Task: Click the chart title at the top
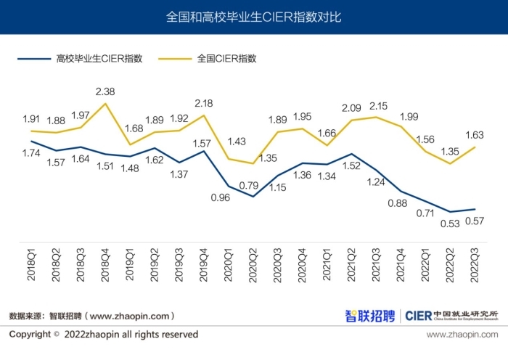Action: pyautogui.click(x=253, y=16)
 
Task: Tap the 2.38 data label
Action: pyautogui.click(x=105, y=91)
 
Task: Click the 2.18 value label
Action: pyautogui.click(x=204, y=104)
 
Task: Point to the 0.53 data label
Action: pyautogui.click(x=451, y=224)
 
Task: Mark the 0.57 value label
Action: pyautogui.click(x=475, y=221)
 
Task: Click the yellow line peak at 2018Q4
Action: pyautogui.click(x=106, y=103)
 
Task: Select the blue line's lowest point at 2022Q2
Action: pyautogui.click(x=451, y=212)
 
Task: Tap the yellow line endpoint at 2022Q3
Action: pyautogui.click(x=475, y=147)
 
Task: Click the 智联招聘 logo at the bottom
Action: pyautogui.click(x=369, y=316)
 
